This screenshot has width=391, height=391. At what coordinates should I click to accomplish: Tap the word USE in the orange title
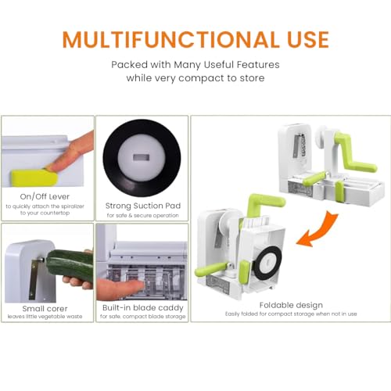coord(308,40)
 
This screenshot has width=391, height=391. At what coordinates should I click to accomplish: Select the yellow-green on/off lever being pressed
coord(34,178)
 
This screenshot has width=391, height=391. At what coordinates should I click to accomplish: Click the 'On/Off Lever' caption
coord(45,196)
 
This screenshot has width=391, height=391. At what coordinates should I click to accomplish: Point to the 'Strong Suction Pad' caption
coord(143,206)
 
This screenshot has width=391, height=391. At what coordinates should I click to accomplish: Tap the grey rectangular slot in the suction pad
coord(141,157)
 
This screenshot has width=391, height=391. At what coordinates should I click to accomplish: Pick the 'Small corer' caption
coord(45,309)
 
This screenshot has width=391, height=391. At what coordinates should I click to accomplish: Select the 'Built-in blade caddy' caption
coord(143,308)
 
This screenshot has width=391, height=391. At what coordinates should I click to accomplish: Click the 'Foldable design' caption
coord(291,305)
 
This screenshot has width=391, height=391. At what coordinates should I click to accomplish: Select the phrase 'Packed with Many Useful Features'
coord(195,65)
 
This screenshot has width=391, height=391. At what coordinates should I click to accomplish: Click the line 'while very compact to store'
coord(195,78)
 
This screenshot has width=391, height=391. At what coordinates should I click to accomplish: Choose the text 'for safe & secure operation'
coord(143,215)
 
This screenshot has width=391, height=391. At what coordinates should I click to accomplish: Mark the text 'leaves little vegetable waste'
coord(45,317)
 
